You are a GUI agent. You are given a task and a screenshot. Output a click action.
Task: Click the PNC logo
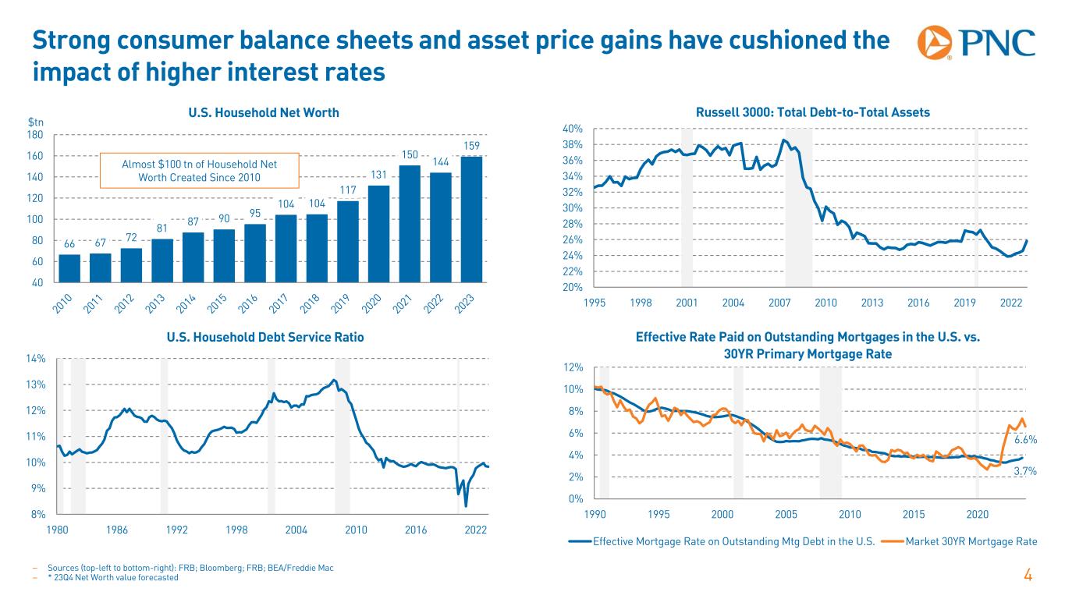click(976, 44)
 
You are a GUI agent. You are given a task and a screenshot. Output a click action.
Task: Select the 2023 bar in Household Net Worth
click(471, 218)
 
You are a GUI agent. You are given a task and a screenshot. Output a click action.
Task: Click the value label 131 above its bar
click(378, 175)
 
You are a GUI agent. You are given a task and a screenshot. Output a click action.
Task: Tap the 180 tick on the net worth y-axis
click(36, 135)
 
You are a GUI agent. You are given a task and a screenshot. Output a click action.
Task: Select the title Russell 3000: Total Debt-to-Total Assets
click(813, 112)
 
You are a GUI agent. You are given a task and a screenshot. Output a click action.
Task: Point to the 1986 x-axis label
click(117, 529)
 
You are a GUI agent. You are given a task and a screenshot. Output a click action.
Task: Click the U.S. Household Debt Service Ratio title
click(265, 338)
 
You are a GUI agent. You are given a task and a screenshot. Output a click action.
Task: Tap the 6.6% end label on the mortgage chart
click(1024, 441)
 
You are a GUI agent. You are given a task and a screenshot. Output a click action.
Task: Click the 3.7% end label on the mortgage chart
click(1024, 471)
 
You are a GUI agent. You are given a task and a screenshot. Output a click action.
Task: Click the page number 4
click(1028, 576)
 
